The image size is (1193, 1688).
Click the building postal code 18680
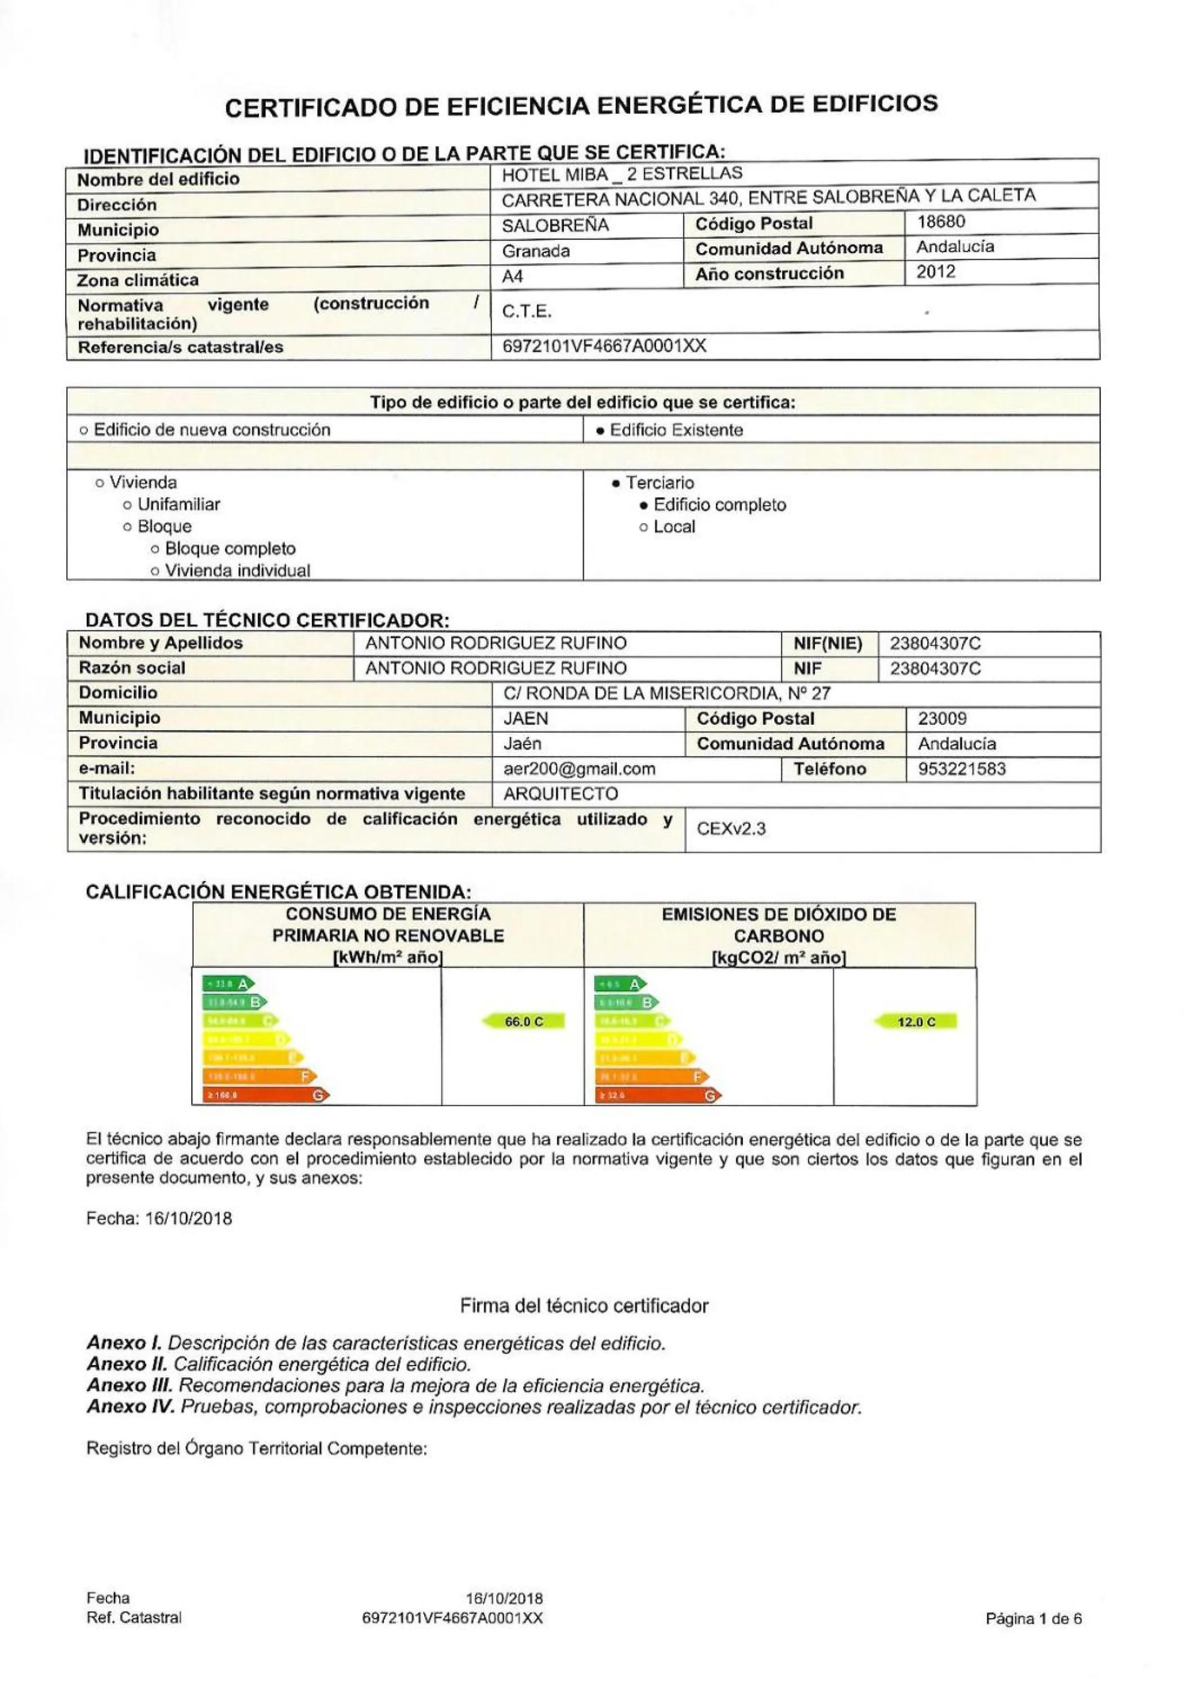[941, 222]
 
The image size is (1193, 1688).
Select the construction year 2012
[936, 272]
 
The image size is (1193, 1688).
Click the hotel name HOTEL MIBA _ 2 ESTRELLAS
[622, 175]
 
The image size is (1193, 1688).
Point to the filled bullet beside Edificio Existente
[600, 432]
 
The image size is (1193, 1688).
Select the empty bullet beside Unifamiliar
[127, 506]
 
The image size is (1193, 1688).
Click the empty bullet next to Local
[644, 528]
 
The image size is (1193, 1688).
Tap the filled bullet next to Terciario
[616, 484]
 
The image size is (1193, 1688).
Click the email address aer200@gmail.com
[578, 769]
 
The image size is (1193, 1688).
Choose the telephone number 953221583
[962, 769]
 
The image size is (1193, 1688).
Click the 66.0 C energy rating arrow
[523, 1022]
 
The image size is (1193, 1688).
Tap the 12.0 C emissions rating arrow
[916, 1022]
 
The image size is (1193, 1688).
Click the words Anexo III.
[129, 1386]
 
